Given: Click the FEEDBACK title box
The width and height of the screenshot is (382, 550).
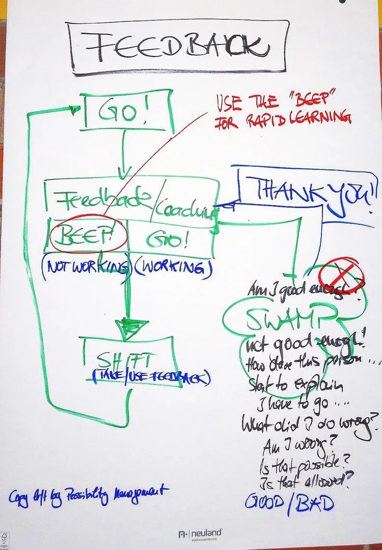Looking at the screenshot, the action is coord(178,47).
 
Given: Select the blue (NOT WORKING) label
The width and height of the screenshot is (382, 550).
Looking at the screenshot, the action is coord(86,268).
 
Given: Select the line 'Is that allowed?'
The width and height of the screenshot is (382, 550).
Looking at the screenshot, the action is coord(300,481).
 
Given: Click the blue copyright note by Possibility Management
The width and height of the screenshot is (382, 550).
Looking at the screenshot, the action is coord(88,495).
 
